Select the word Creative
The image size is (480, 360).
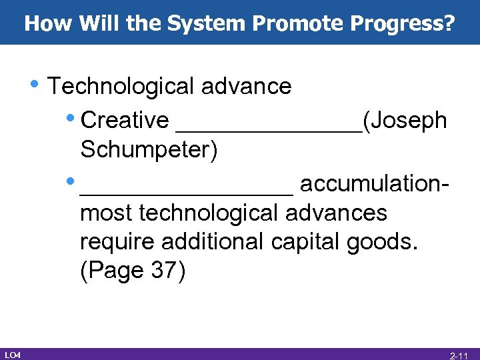point(125,120)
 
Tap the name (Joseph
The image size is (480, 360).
point(405,120)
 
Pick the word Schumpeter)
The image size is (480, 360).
point(149,150)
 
